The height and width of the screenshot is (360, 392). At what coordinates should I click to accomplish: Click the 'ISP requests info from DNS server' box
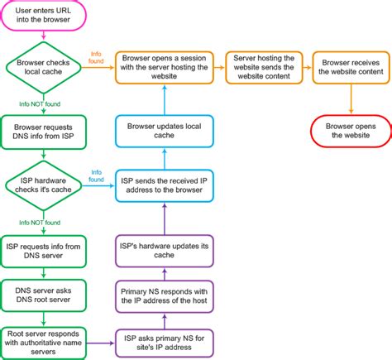[x=44, y=251]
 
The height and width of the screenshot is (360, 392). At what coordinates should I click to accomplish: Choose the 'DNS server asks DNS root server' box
[x=44, y=295]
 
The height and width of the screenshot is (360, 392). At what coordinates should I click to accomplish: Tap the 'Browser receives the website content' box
[x=351, y=65]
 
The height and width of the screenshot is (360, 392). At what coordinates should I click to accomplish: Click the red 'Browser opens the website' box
[x=351, y=130]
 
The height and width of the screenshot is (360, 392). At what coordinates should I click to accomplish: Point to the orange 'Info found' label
[x=96, y=58]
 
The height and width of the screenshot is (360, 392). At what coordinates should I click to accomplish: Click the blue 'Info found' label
[x=96, y=176]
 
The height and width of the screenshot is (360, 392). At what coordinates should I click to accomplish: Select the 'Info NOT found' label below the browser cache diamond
[x=41, y=103]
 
